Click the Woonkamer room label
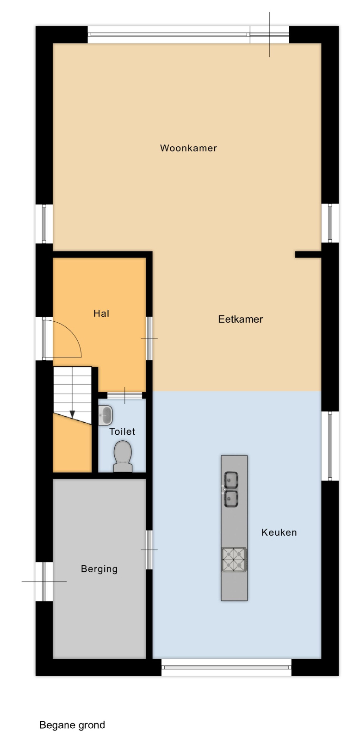click(188, 148)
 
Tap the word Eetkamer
click(241, 319)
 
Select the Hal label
click(101, 313)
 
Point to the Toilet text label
click(122, 431)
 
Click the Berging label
click(99, 569)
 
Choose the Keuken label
click(279, 532)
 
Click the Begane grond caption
click(72, 725)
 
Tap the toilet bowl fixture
click(123, 456)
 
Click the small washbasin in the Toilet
click(105, 415)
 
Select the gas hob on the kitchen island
click(234, 559)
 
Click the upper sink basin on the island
click(231, 481)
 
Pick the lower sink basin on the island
click(231, 499)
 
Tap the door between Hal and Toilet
click(124, 395)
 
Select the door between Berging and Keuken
click(149, 550)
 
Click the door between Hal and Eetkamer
click(149, 338)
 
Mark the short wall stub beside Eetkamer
click(308, 255)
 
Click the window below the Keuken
click(227, 667)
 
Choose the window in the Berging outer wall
click(44, 581)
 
